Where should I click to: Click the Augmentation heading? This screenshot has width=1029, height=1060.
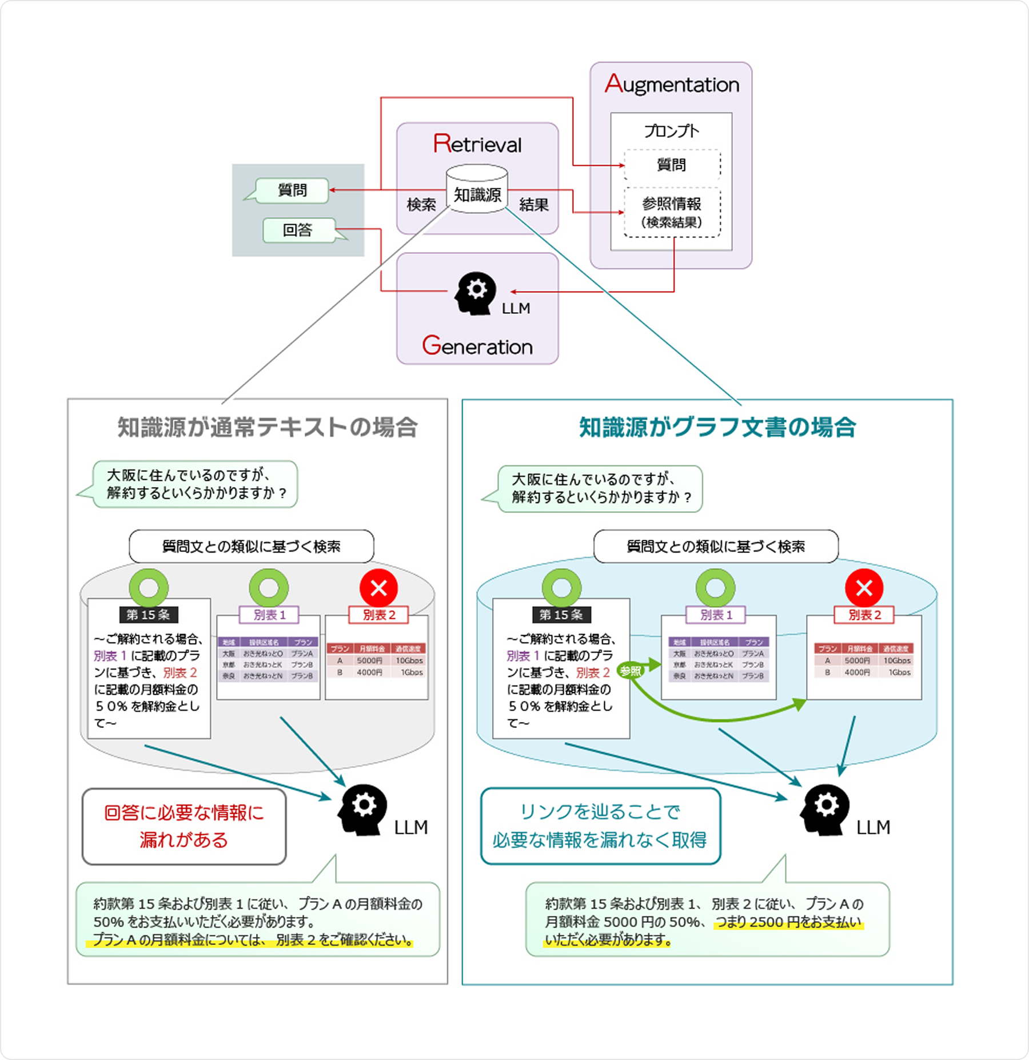[x=672, y=84]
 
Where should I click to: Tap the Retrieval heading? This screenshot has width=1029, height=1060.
[x=477, y=144]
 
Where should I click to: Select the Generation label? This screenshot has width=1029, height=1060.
[x=477, y=346]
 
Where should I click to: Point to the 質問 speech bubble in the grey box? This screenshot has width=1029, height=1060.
[x=292, y=190]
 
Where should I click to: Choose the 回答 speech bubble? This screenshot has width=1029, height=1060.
[x=298, y=230]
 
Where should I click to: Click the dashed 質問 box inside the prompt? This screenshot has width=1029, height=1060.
[x=672, y=165]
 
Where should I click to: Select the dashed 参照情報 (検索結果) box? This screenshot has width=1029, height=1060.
[x=672, y=212]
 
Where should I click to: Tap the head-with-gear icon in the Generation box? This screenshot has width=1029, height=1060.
[x=474, y=293]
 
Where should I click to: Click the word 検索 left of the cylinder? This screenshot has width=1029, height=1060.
[x=421, y=205]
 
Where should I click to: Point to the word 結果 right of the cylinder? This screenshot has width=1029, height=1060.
[x=534, y=205]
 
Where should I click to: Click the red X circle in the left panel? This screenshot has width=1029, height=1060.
[x=378, y=588]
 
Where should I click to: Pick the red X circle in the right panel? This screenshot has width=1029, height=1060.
[x=864, y=588]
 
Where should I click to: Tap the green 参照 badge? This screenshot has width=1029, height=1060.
[x=631, y=671]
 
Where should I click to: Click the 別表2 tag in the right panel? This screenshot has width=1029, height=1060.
[x=864, y=615]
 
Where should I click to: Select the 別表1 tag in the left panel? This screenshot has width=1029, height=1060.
[x=269, y=615]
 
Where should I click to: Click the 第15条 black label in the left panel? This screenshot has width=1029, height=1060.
[x=149, y=615]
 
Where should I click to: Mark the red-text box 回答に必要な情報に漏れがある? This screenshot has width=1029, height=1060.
[x=184, y=826]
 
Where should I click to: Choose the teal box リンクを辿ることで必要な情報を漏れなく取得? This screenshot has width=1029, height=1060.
[x=600, y=826]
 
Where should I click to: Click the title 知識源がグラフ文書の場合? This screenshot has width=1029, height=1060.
[x=717, y=427]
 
